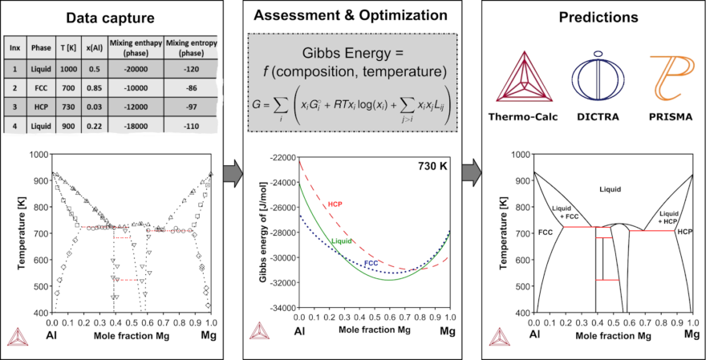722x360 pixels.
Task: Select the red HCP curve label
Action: pos(335,204)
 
